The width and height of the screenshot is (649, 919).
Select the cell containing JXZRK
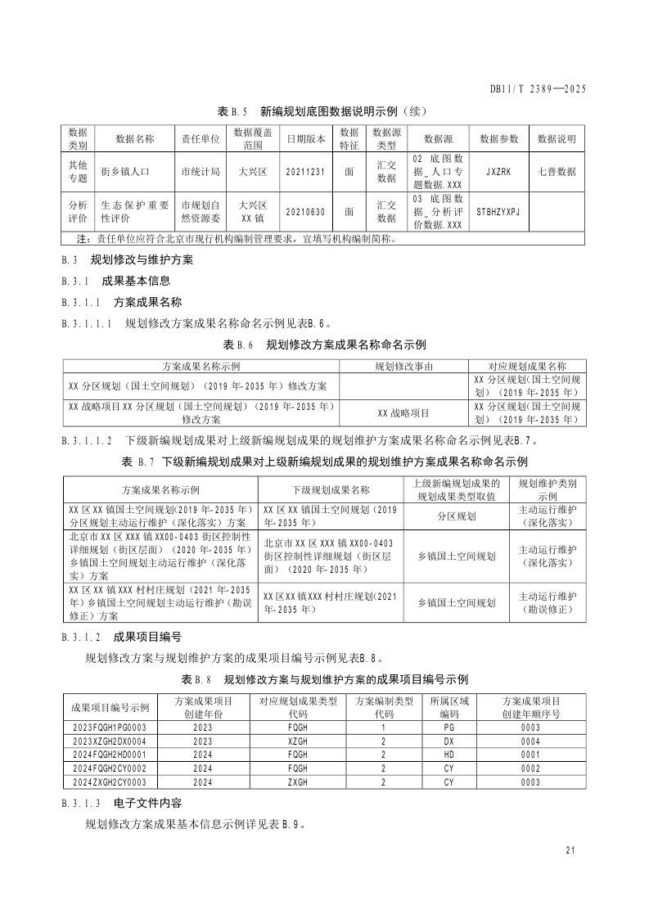tap(498, 173)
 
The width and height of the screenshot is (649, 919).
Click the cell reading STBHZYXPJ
tap(498, 212)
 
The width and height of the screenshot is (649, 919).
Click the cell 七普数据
tap(557, 173)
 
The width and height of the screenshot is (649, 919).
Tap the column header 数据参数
tap(498, 139)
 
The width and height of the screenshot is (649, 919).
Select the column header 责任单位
tap(201, 139)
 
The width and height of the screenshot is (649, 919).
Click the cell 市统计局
tap(201, 173)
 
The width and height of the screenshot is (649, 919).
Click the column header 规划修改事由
tap(403, 367)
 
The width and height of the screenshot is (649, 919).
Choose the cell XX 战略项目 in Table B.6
tap(403, 413)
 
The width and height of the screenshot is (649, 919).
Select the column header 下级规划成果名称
tap(331, 490)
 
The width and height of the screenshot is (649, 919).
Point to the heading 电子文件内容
tap(148, 804)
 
